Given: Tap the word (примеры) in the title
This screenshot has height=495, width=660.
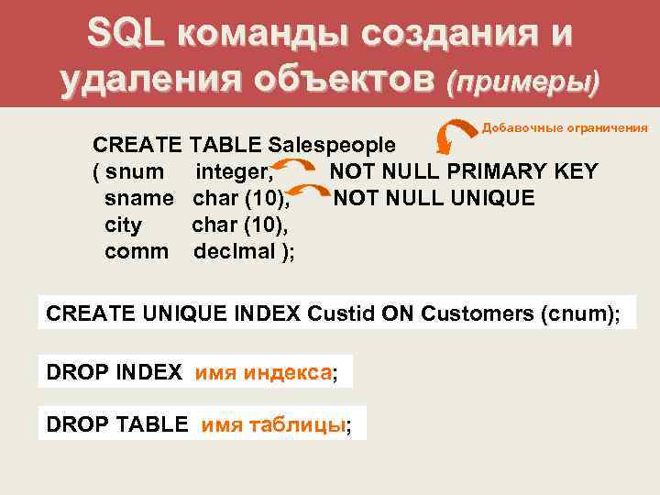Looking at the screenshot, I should tap(522, 82).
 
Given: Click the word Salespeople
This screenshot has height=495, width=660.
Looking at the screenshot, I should tap(333, 145).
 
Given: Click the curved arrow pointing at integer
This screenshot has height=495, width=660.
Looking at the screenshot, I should tap(294, 168).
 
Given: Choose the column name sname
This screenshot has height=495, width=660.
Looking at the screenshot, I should tap(139, 198).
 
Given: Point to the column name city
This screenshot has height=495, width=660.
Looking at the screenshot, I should tap(124, 225).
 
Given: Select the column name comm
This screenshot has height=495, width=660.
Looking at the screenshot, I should tap(137, 251).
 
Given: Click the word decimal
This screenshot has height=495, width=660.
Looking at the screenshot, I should tap(235, 251).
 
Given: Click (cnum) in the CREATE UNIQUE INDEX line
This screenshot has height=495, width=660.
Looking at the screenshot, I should tap(581, 313).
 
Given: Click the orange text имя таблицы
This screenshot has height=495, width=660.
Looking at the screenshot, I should tap(274, 424).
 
